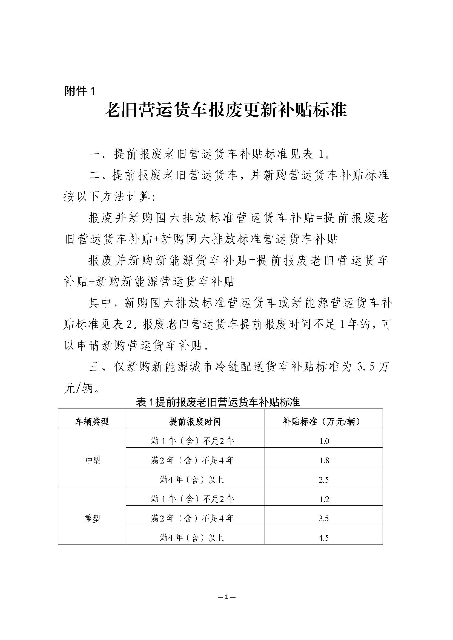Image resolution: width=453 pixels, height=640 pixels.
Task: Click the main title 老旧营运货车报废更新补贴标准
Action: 225,110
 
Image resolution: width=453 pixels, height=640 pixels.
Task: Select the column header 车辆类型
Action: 92,422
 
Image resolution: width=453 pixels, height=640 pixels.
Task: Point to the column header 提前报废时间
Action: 195,422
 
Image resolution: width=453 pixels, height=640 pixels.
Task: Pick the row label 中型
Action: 92,460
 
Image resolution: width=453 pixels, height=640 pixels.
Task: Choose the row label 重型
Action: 92,519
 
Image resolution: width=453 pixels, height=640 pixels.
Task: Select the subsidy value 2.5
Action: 323,480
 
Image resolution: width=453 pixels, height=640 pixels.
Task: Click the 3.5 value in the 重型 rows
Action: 323,519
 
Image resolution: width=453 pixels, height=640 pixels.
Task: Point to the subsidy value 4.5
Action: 323,538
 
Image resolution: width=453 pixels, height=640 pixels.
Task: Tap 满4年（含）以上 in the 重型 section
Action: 192,537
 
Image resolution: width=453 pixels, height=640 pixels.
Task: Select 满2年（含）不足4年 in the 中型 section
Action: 193,460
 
